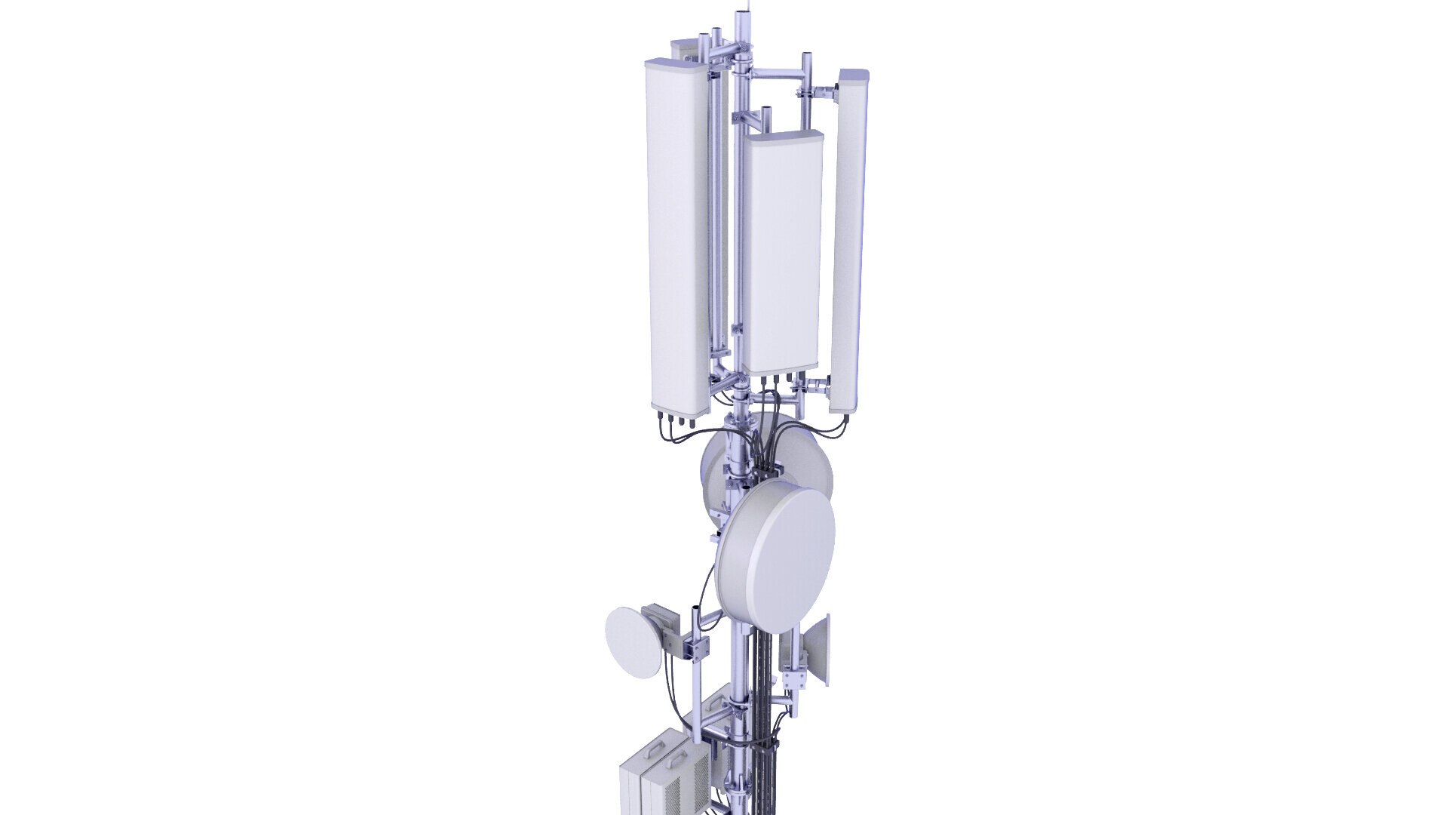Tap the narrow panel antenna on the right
pos(847,249)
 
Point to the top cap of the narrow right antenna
pos(854,76)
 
